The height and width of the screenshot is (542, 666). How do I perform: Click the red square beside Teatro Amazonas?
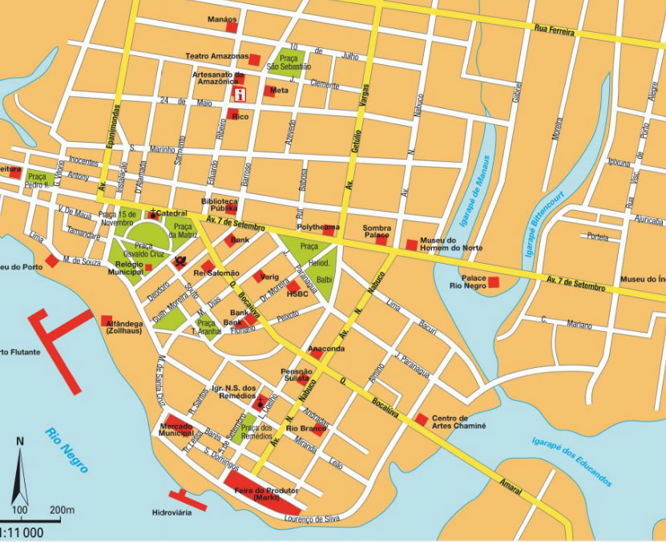[254, 59]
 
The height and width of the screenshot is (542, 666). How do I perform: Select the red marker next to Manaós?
[232, 27]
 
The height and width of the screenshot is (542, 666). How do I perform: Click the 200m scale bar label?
[61, 510]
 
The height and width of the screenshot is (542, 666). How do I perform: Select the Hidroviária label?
[172, 512]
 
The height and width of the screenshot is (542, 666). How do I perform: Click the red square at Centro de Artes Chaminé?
[422, 419]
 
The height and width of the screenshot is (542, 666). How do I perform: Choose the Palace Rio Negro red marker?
[494, 281]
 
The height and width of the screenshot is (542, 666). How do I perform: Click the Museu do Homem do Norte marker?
[411, 245]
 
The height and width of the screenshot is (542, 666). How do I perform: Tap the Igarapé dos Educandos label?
[571, 463]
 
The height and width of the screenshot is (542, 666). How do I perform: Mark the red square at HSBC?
[293, 285]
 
